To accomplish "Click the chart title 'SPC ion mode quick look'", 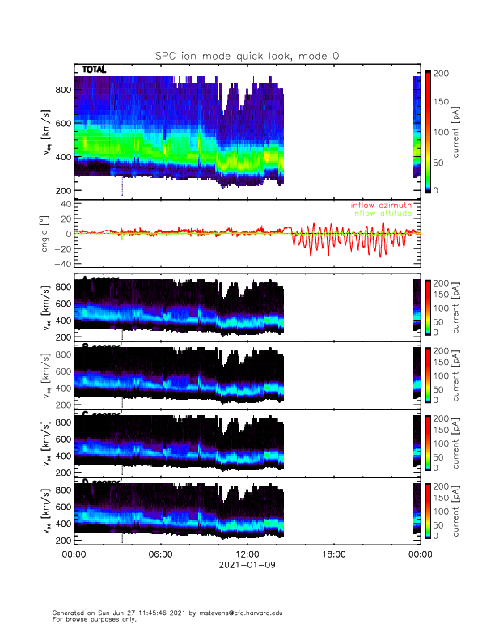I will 247,55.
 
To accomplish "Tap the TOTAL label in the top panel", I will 94,70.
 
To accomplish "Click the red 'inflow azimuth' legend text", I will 381,206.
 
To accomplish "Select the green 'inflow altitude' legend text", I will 381,214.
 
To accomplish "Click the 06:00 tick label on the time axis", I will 161,554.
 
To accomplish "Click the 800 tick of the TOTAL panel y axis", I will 61,90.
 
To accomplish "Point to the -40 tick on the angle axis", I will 60,264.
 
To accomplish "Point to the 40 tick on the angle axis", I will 63,203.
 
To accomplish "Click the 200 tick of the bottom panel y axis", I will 61,540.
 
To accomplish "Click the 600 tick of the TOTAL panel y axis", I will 61,124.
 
